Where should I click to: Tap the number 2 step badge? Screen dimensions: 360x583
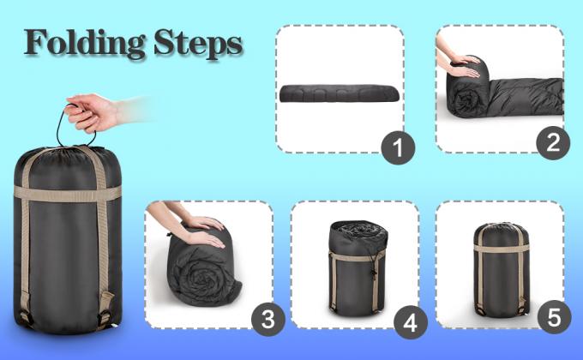[x=552, y=141]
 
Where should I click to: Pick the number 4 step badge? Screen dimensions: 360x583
[x=409, y=322]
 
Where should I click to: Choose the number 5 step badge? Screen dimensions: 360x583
[x=553, y=319]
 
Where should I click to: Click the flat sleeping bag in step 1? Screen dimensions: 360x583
[x=339, y=93]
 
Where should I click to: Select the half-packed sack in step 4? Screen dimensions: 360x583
[x=355, y=270]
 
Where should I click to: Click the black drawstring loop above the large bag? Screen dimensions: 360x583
[x=65, y=129]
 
